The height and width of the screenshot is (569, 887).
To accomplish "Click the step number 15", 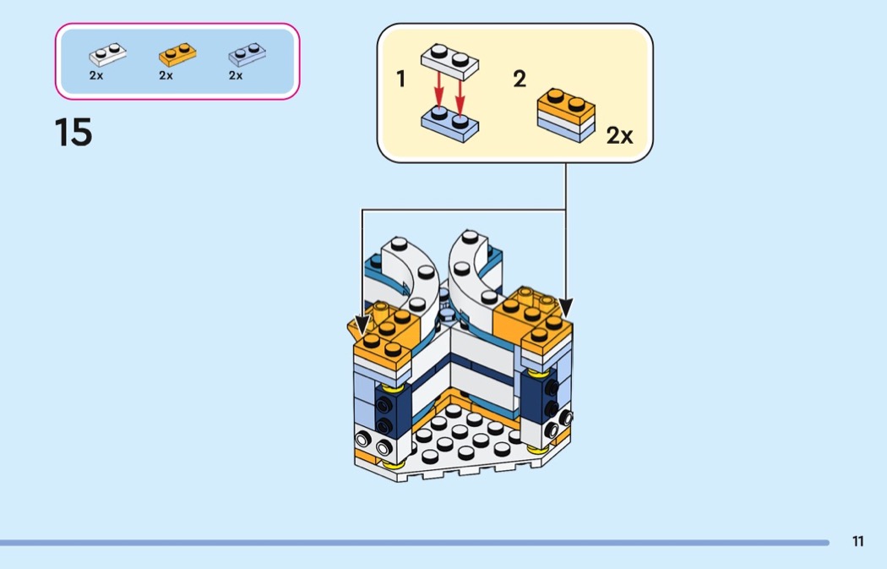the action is click(73, 133).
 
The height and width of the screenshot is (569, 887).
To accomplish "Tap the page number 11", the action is click(857, 541).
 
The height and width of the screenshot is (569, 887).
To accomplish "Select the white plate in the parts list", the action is click(107, 54).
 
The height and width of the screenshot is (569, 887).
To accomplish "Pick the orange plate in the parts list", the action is click(177, 54).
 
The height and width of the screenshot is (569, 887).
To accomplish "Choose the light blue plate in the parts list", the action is click(248, 54).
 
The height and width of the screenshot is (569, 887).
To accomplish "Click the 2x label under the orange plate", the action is click(166, 75).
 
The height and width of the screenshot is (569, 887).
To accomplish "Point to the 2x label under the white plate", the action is click(96, 75).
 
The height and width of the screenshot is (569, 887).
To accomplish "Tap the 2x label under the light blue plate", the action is click(236, 75).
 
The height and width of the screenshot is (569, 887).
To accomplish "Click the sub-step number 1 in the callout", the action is click(400, 79).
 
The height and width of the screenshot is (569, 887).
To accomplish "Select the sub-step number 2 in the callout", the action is click(520, 79).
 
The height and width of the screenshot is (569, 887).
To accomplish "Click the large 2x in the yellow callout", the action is click(619, 136).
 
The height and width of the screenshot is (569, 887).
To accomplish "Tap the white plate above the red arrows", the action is click(449, 62).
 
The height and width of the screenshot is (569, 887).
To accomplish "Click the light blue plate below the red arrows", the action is click(449, 123).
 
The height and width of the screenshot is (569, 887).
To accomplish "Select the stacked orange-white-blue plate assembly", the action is click(566, 115).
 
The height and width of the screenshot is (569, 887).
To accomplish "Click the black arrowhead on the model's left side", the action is click(362, 325).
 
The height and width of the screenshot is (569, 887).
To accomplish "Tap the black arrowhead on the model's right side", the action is click(566, 308).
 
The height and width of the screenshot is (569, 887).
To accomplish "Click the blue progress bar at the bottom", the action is click(415, 543).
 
